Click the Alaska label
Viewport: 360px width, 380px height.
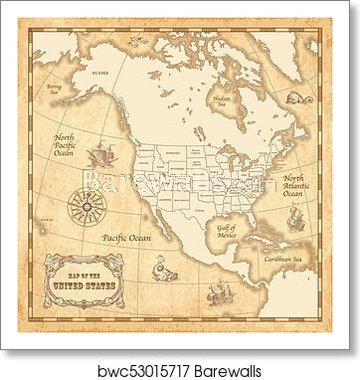(100, 74)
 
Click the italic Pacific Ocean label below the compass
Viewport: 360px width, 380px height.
(127, 237)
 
